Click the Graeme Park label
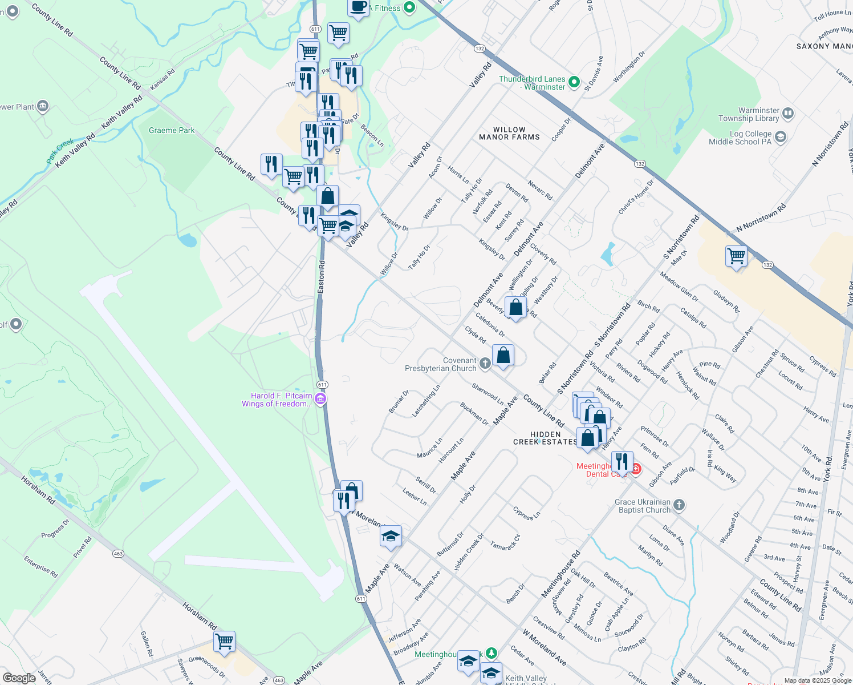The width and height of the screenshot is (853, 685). point(172,131)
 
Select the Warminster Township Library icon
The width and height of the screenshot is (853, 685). point(787,114)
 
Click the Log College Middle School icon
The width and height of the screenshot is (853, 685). point(781,137)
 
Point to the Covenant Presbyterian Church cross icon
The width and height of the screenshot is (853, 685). point(485,363)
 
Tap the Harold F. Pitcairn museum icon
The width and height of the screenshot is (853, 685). point(320,399)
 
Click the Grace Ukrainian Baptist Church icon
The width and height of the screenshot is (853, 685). point(679,505)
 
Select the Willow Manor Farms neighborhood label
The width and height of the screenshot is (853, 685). point(509,134)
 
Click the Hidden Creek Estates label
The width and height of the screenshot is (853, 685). point(545,438)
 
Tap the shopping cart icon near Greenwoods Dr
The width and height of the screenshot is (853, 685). point(225,641)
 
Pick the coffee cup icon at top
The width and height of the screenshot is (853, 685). point(358,7)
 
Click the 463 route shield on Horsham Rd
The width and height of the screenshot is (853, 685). point(118,553)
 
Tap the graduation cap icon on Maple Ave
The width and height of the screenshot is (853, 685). point(391,536)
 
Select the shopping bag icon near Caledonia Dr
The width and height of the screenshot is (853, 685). point(515,307)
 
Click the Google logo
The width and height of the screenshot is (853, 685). point(19,678)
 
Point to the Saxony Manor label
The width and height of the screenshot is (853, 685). point(824,46)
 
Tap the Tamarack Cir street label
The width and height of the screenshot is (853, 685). point(505,542)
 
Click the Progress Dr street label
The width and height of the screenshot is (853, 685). point(55,529)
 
